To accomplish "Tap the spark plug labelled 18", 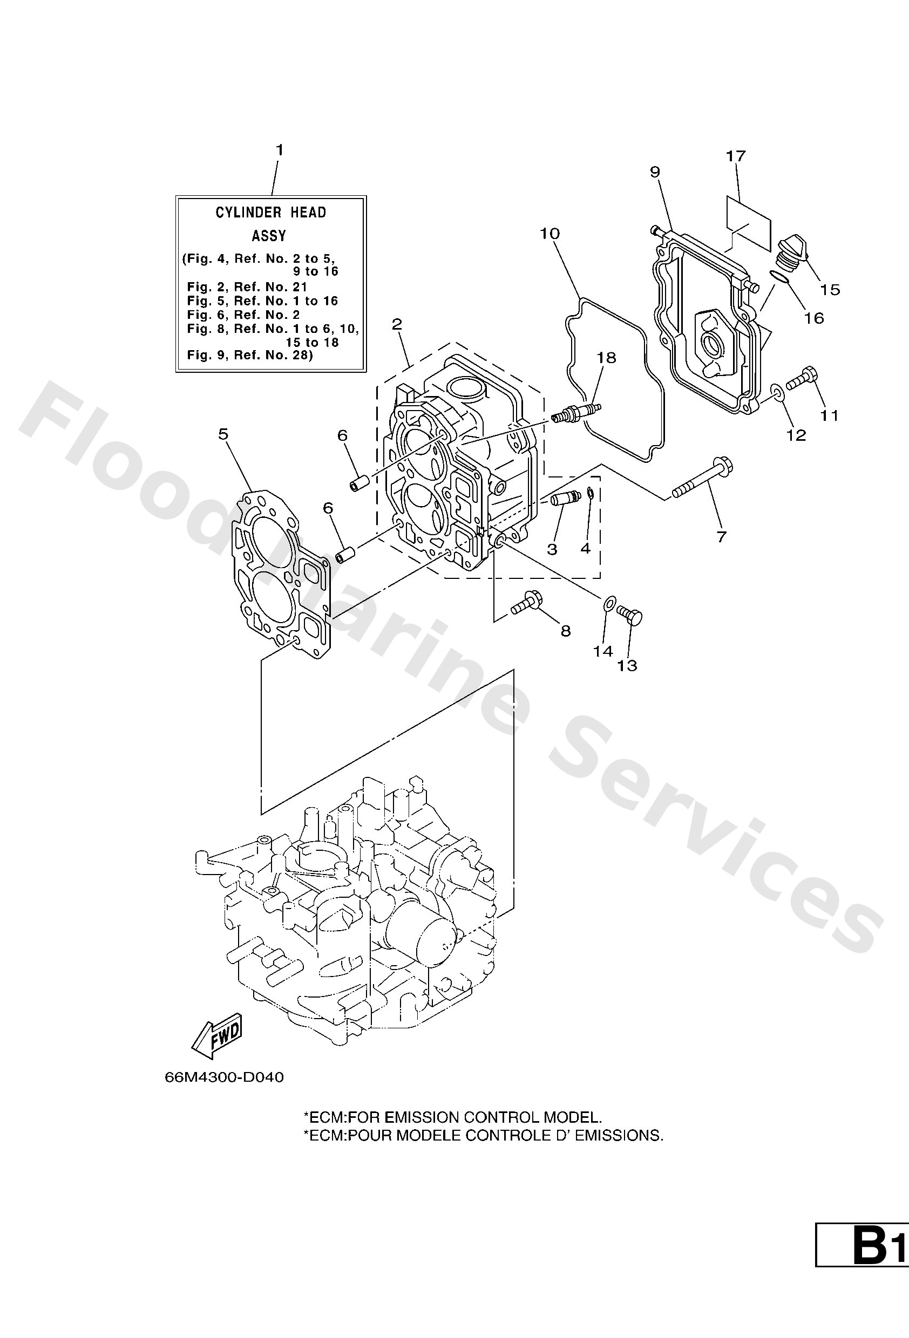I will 576,413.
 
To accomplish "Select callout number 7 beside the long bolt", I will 721,537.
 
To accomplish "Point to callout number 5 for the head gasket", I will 223,434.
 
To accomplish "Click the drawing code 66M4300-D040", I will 224,1077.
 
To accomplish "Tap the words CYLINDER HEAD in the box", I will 271,213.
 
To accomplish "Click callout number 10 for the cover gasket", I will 550,234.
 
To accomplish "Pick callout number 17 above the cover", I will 736,156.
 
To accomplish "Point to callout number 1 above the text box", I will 280,151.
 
